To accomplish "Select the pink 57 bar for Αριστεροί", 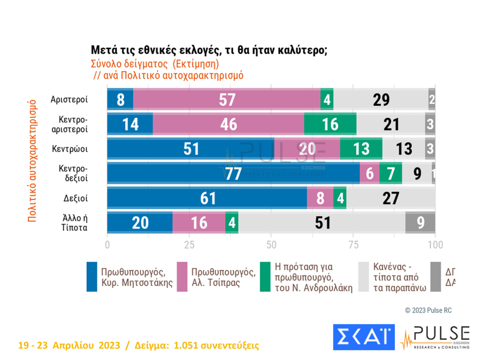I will click(x=227, y=99).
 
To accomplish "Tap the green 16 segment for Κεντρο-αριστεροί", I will click(x=330, y=124).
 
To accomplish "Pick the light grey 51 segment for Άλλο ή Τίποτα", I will click(x=322, y=223).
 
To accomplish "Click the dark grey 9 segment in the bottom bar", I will click(x=420, y=223).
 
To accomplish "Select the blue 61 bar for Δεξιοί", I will click(x=207, y=198).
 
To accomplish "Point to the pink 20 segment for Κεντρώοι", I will click(x=307, y=149).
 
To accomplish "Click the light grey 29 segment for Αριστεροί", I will click(x=381, y=99).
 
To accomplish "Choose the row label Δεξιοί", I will click(x=76, y=198).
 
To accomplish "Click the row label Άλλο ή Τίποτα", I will click(x=74, y=223).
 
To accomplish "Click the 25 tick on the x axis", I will click(x=189, y=243).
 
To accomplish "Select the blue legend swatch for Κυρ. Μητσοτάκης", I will click(x=92, y=276).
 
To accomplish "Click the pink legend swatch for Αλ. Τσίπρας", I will click(x=183, y=276).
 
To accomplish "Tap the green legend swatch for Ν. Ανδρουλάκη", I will click(x=266, y=276).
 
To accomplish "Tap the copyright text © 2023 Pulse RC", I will click(x=428, y=310).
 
